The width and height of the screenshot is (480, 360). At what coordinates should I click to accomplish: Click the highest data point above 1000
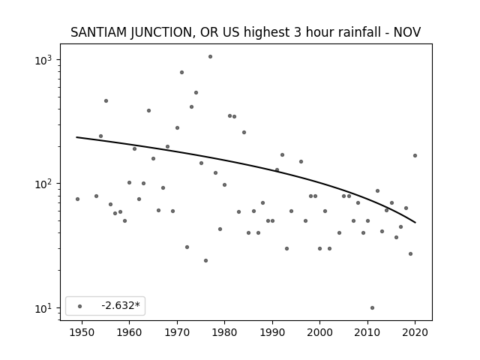[210, 57]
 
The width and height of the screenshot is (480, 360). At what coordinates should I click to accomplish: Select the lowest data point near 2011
[372, 308]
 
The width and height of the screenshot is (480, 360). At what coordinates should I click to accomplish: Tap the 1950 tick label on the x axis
[82, 332]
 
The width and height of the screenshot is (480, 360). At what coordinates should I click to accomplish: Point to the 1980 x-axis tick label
[224, 332]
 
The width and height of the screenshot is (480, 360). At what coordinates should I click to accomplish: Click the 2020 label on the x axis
[415, 332]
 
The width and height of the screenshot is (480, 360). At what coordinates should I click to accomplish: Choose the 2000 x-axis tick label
[319, 332]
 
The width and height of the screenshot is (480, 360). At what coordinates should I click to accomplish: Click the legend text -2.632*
[121, 305]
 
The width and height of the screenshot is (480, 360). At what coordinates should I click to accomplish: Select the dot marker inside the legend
[80, 306]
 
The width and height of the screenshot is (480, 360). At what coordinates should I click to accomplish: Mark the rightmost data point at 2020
[415, 156]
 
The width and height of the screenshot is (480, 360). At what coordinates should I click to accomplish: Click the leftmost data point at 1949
[77, 199]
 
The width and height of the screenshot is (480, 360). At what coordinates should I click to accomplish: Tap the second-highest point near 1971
[181, 73]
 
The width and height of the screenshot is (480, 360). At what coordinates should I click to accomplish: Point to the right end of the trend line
[415, 223]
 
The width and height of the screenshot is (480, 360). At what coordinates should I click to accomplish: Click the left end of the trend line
[76, 137]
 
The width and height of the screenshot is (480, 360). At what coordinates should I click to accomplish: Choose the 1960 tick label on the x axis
[129, 332]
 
